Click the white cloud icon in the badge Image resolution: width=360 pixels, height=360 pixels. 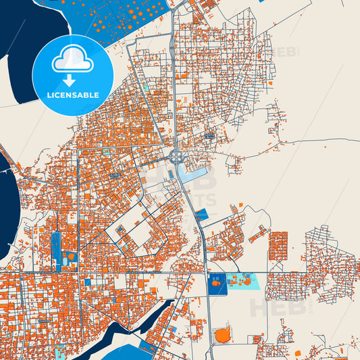tap(72, 59)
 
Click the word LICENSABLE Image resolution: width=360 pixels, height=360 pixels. tap(72, 95)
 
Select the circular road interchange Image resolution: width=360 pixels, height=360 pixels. tap(177, 157)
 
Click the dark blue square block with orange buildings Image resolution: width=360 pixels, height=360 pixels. tap(217, 285)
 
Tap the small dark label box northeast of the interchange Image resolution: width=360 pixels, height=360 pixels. tap(209, 136)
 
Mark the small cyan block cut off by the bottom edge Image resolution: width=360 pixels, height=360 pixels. tap(61, 353)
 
